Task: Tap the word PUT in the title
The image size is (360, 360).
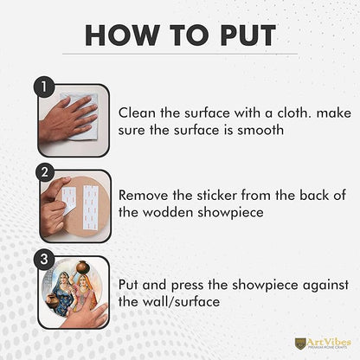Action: click(248, 35)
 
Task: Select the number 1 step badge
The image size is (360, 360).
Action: click(44, 87)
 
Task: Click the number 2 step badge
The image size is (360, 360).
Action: click(45, 172)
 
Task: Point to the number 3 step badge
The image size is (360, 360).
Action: click(44, 259)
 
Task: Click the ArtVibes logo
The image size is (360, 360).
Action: click(323, 344)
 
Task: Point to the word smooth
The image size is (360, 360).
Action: click(260, 130)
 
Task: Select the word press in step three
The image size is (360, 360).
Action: click(188, 286)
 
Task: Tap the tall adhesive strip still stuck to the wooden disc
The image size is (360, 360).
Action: click(91, 207)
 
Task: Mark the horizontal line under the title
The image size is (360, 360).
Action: click(180, 54)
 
